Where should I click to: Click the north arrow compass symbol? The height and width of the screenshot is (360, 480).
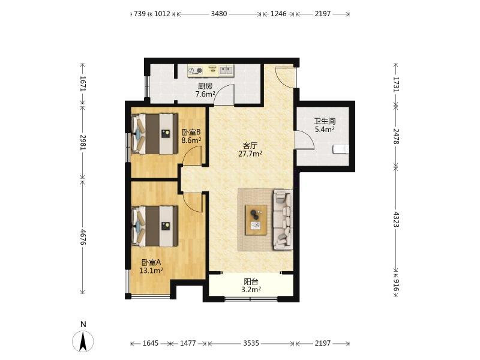coord(83,340)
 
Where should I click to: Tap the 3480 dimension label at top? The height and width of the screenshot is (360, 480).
coord(219,14)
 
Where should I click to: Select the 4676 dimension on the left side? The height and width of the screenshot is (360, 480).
coord(83,236)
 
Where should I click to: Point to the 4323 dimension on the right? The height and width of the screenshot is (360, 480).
coord(396,219)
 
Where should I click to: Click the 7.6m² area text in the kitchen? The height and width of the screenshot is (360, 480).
coord(205,94)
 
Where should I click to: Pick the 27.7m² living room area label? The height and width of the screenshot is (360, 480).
coord(250,154)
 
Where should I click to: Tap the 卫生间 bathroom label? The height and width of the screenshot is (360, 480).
coord(325,122)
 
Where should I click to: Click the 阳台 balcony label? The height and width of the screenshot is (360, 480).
coord(251,281)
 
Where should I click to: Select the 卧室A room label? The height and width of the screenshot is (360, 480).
coord(151,263)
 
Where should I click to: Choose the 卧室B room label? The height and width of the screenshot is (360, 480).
coord(191,132)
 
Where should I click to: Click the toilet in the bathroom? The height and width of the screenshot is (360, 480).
coord(341,149)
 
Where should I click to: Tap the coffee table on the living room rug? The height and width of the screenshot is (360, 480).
coord(256,220)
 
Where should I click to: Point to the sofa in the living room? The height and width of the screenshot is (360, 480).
coord(283,219)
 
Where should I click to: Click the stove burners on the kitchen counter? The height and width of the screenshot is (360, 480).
coord(196,70)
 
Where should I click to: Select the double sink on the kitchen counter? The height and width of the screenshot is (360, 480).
coord(226,70)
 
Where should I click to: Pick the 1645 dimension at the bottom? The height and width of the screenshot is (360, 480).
coord(151,343)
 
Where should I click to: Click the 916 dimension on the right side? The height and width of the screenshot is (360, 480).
coord(396,284)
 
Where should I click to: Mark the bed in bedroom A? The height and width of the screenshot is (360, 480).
coord(155,226)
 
